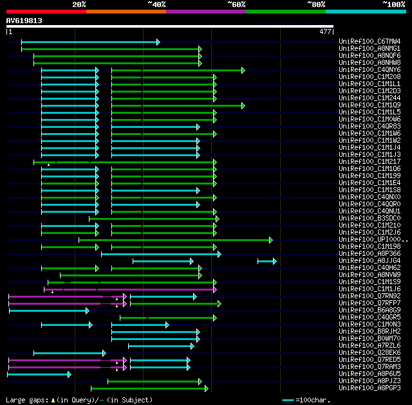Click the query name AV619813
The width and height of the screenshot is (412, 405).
point(24,21)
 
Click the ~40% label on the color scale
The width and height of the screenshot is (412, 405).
point(156,4)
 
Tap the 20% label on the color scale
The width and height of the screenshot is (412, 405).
point(79,4)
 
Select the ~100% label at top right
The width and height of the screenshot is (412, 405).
point(393,4)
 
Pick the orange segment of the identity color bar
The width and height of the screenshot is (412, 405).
point(126,12)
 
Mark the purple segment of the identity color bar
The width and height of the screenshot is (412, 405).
point(206,12)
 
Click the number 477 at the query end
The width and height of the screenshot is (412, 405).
point(325,31)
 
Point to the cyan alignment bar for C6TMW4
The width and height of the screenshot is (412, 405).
point(90,42)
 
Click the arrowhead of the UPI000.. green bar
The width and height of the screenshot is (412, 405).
point(271,240)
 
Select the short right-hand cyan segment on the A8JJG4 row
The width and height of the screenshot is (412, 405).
point(267,261)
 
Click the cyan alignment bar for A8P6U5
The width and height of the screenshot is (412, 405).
point(39,374)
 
